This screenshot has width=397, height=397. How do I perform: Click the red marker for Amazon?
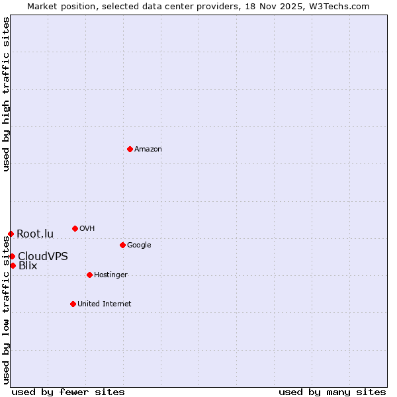coord(130,149)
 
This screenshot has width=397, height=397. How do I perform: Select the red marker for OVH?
coord(75,228)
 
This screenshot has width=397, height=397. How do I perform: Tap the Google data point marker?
coord(122,245)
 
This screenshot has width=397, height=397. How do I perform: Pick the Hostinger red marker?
coord(89,275)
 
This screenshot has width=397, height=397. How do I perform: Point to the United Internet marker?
coord(73,304)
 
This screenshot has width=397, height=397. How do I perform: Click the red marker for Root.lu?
coord(11,234)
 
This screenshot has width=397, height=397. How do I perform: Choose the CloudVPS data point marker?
coord(12,256)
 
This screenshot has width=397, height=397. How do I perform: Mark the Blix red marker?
coord(13,265)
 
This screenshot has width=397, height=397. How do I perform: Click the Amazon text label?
coord(148,150)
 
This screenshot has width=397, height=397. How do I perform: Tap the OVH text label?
coord(87,229)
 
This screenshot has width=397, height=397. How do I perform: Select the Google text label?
coord(139,245)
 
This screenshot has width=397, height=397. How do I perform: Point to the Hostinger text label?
coord(110,275)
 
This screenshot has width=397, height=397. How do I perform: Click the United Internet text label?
coord(105,304)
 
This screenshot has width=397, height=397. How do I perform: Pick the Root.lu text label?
coord(35,234)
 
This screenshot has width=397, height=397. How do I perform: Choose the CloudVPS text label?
coord(43,256)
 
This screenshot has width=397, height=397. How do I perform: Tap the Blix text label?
coord(28,266)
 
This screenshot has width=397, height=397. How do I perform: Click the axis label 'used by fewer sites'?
coord(68,392)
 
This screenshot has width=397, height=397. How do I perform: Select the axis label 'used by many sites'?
coord(332,392)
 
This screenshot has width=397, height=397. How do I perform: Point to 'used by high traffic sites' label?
coord(6,94)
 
